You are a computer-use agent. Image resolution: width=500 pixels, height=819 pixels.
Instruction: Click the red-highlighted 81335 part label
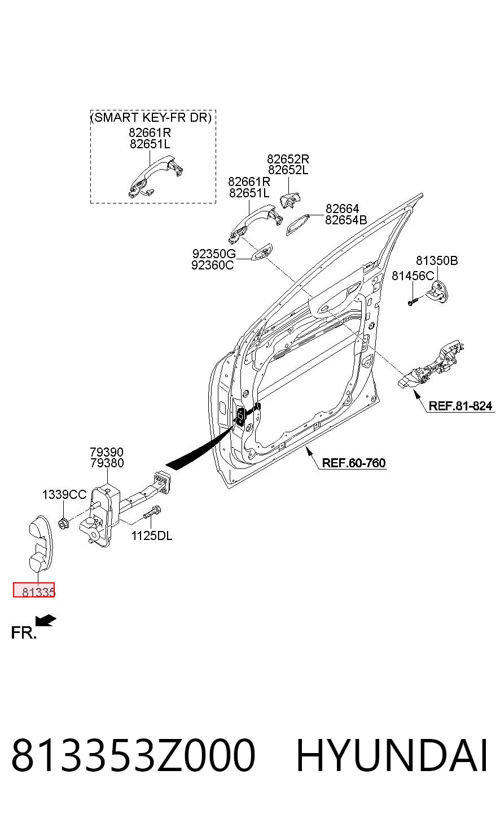34,590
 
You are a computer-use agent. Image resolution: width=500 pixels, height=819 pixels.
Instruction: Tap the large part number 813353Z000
133,755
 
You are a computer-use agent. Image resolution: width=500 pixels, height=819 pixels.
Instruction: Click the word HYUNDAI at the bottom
392,755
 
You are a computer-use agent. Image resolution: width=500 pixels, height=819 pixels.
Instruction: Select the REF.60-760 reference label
354,463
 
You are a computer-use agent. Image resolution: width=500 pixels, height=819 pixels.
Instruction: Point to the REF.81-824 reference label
460,406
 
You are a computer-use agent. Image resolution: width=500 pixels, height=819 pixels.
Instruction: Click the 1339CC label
64,494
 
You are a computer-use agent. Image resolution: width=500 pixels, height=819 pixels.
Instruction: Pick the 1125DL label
152,536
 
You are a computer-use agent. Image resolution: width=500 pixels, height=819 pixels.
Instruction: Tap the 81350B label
437,260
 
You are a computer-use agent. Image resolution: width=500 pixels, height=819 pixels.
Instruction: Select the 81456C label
413,276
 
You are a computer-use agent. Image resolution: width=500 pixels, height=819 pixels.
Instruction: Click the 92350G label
214,254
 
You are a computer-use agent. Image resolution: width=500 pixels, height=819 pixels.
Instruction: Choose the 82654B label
346,220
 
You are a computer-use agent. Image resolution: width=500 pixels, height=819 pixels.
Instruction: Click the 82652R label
288,159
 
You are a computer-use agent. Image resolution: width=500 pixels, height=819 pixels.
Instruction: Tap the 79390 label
107,452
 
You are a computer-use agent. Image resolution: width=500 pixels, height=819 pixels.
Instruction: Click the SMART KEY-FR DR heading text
151,117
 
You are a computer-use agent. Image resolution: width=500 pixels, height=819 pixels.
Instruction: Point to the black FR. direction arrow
46,621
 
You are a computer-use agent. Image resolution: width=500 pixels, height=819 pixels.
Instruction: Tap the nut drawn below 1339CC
63,523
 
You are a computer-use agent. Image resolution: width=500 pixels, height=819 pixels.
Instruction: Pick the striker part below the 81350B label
438,292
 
